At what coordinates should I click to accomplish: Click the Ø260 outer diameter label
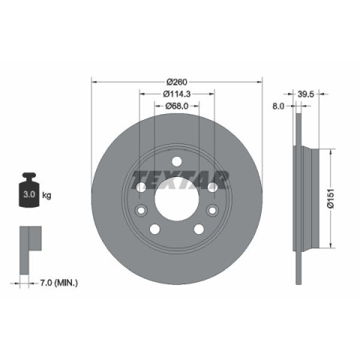click(177, 82)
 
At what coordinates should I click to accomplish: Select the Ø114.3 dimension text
click(177, 94)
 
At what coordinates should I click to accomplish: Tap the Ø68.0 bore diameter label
click(177, 106)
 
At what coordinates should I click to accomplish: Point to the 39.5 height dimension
click(305, 94)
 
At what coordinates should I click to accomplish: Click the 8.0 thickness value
click(278, 106)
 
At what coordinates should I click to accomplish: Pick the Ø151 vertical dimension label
click(331, 198)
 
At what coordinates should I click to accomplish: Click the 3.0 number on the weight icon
click(29, 194)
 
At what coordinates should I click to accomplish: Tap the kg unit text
click(46, 195)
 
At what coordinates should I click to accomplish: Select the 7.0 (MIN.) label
click(59, 283)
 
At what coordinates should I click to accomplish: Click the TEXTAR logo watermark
click(180, 180)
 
